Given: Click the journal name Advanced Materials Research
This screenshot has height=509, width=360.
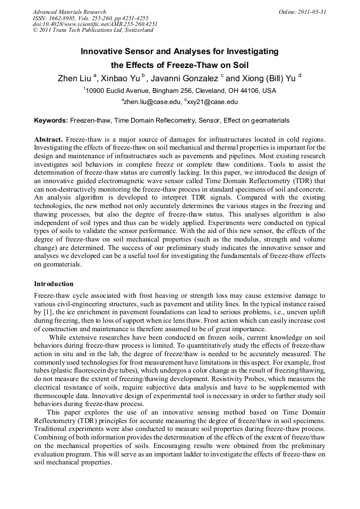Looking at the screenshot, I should tap(69, 12).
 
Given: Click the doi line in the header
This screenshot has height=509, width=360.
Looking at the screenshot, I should tap(95, 24).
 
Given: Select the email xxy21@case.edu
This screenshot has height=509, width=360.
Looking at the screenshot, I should tap(212, 101).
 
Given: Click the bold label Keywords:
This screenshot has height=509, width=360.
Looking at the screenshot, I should tap(51, 120).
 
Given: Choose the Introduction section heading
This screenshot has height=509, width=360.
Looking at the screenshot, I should tap(54, 284).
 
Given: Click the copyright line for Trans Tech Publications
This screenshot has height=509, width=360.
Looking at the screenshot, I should tap(93, 30).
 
